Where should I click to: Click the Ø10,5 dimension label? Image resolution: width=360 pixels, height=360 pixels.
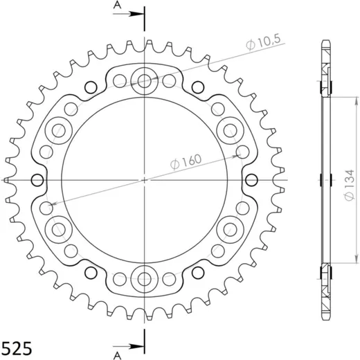(263, 42)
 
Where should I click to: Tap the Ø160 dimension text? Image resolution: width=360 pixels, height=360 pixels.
(186, 162)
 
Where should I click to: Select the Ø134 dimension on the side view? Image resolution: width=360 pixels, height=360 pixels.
(349, 185)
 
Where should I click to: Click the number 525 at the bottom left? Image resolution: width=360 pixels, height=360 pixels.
(16, 348)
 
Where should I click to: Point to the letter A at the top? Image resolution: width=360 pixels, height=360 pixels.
(117, 5)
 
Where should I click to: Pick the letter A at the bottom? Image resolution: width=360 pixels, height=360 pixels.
(117, 356)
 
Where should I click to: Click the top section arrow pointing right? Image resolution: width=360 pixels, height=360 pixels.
(128, 14)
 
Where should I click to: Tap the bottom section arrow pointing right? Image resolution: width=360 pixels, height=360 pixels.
(128, 346)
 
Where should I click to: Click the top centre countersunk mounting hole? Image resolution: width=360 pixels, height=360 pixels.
(144, 81)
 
